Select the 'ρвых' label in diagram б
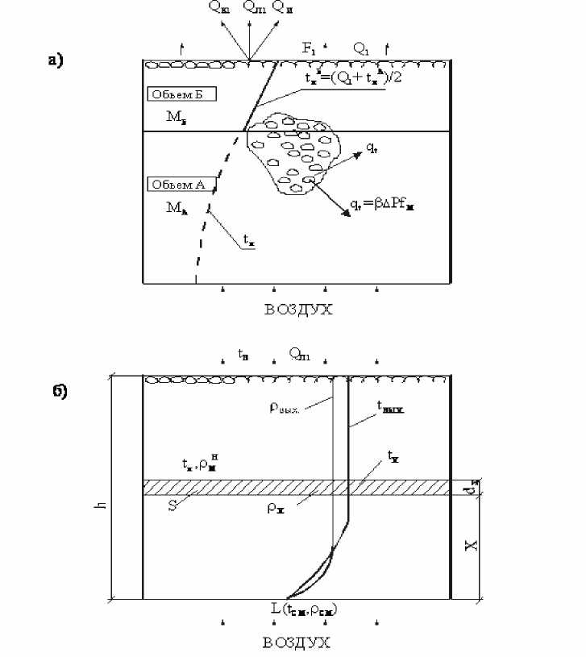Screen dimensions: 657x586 click(x=285, y=408)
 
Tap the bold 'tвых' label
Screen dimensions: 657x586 click(x=389, y=409)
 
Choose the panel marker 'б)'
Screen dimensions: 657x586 click(x=57, y=393)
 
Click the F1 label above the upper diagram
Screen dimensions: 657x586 click(x=309, y=48)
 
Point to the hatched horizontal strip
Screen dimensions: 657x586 click(x=296, y=487)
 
